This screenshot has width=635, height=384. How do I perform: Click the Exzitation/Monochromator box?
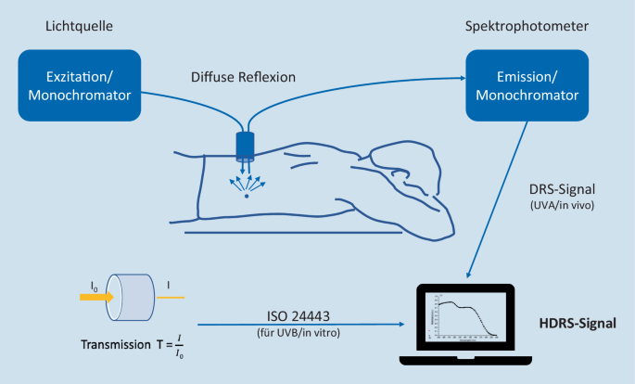79,85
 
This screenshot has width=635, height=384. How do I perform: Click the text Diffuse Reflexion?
243,76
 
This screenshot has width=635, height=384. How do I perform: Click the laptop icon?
464,324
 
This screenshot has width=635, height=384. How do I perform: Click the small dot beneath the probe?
246,197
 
